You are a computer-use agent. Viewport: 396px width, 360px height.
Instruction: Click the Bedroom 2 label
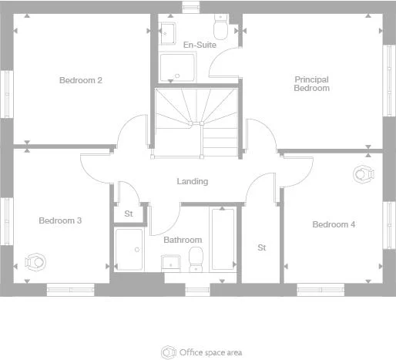pyautogui.click(x=81, y=79)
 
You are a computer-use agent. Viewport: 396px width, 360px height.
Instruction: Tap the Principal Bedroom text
pyautogui.click(x=312, y=83)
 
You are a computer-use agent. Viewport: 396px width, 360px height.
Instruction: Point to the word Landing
pyautogui.click(x=193, y=181)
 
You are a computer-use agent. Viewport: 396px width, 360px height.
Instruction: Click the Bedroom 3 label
pyautogui.click(x=60, y=220)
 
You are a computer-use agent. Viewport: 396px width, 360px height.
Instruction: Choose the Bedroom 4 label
pyautogui.click(x=334, y=224)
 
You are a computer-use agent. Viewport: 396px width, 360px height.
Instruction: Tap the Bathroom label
pyautogui.click(x=183, y=240)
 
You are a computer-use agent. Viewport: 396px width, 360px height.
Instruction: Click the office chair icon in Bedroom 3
pyautogui.click(x=34, y=262)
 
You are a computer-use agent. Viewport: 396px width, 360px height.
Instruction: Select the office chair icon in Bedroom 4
pyautogui.click(x=362, y=174)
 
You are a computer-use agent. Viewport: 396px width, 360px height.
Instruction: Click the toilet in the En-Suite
pyautogui.click(x=221, y=29)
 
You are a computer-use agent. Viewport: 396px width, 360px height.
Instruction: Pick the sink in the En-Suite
pyautogui.click(x=167, y=32)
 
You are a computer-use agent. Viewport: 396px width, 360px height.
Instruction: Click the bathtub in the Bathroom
pyautogui.click(x=223, y=238)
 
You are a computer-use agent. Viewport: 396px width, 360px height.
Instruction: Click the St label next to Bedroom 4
pyautogui.click(x=261, y=247)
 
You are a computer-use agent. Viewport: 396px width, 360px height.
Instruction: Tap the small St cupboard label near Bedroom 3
pyautogui.click(x=127, y=214)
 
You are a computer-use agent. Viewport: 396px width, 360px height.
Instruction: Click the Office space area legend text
pyautogui.click(x=211, y=352)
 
